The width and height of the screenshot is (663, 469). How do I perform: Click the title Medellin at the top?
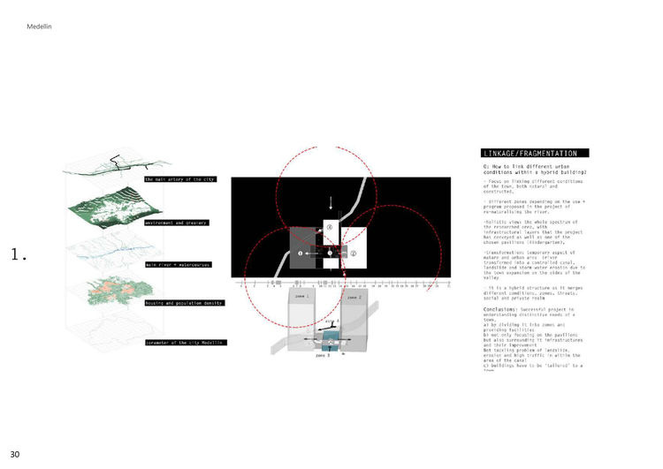pos(41,27)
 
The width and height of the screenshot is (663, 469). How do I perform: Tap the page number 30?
pos(15,454)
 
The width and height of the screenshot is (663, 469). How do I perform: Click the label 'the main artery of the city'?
pos(179,178)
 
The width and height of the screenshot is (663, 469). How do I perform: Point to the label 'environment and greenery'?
pos(176,223)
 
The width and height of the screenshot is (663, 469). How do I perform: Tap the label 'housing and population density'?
pos(184,302)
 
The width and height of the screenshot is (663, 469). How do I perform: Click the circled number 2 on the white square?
pos(353,253)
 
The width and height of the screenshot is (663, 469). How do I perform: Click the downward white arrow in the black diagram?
pos(331,202)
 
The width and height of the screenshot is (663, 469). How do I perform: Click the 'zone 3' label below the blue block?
pos(322,354)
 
